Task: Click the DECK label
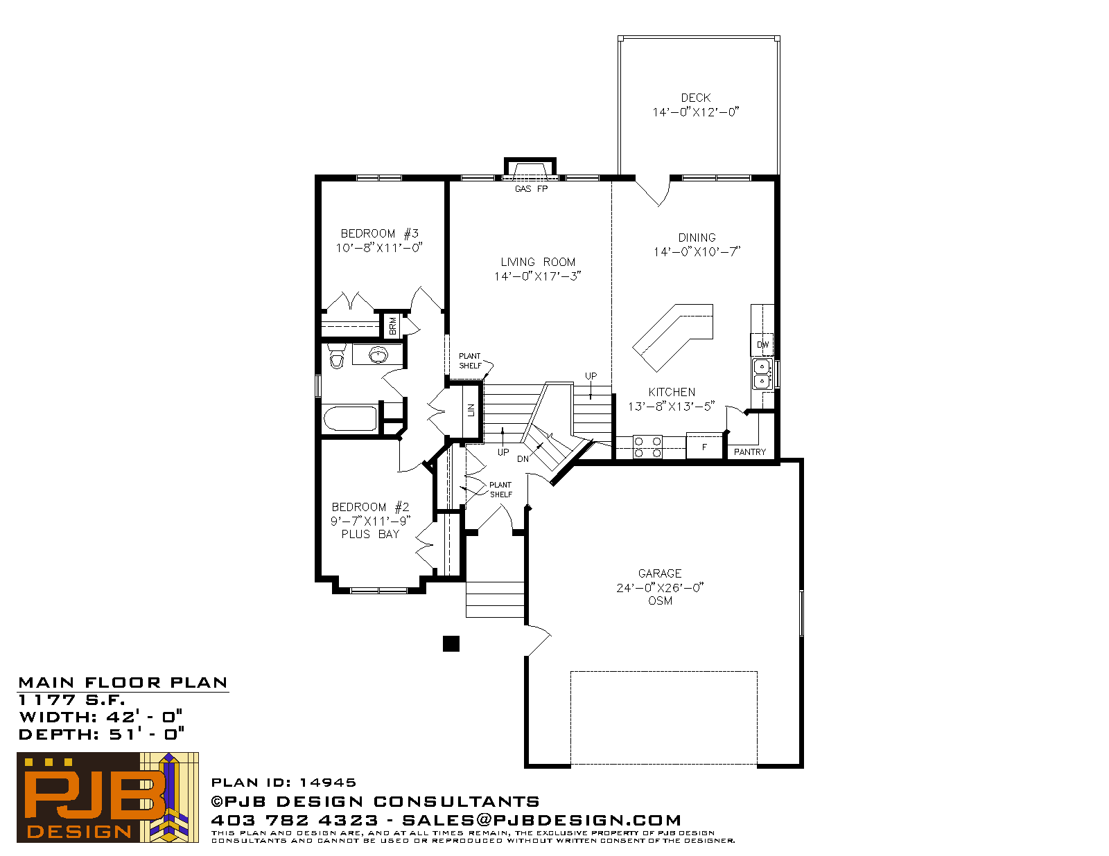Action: (x=696, y=98)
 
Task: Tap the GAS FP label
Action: (x=531, y=188)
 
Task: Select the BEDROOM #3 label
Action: (x=379, y=233)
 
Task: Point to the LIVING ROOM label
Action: (x=537, y=262)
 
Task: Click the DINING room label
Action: (x=697, y=238)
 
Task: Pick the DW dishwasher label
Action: (x=762, y=345)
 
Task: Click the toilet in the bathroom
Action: (x=336, y=356)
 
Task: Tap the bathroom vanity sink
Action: (x=378, y=355)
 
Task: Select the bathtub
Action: (x=350, y=419)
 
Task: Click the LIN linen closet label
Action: (x=471, y=410)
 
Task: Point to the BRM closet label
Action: (x=392, y=326)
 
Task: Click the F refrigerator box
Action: (x=704, y=446)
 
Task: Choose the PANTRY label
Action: (x=750, y=452)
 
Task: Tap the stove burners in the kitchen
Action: (x=647, y=447)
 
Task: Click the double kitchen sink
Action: (x=762, y=374)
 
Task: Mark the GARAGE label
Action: (x=660, y=573)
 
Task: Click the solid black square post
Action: (x=451, y=644)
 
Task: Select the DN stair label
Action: (x=523, y=459)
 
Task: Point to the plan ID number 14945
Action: (x=328, y=783)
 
